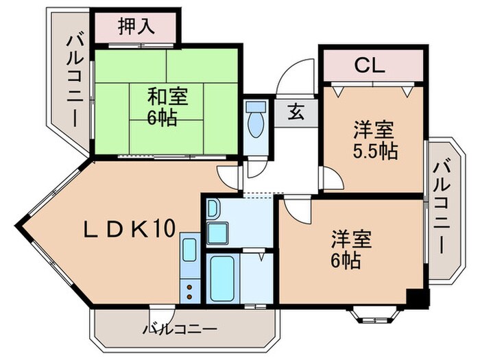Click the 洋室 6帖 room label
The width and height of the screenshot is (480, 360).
click(351, 250)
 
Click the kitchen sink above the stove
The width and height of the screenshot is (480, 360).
click(189, 250)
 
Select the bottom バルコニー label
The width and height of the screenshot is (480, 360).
click(180, 328)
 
